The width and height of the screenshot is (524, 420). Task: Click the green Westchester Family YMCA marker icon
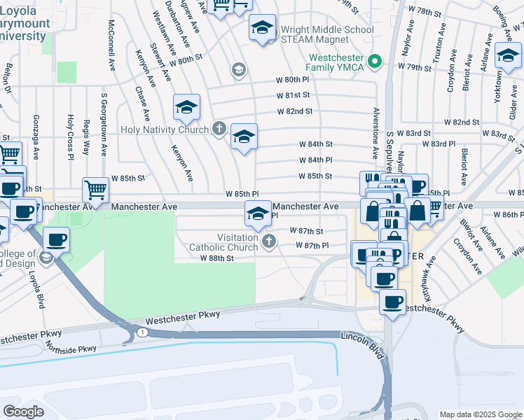pos(375,62)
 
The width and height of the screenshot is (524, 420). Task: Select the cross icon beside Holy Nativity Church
pos(219,129)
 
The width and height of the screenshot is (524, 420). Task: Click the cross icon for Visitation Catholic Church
pos(268,242)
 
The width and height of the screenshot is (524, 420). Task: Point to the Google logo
pos(23,411)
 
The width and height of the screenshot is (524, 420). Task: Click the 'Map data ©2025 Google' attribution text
pos(481,414)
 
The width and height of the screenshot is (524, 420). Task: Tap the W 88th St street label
pos(216,258)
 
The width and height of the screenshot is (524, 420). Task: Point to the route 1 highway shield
pos(144,331)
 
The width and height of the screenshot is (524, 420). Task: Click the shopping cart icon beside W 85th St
pos(95,188)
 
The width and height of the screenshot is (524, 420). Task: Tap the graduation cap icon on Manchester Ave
pos(257,212)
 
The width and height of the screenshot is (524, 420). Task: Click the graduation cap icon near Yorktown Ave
pos(507,56)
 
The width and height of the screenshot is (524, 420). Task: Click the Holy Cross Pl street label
pos(70,135)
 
